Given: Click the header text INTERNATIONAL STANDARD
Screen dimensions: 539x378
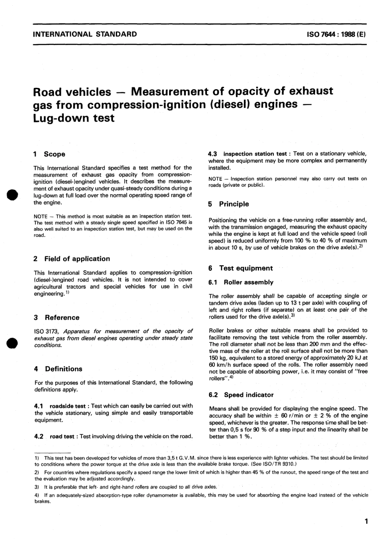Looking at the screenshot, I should click(x=85, y=34).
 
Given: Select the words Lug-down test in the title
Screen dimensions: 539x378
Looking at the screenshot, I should click(x=74, y=118).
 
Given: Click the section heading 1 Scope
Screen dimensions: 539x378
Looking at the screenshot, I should click(x=49, y=154).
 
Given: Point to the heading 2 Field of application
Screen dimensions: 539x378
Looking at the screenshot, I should click(x=72, y=259).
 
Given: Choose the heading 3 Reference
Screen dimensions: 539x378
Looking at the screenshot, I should click(x=57, y=318).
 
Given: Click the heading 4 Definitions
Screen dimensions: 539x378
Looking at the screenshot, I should click(x=58, y=369).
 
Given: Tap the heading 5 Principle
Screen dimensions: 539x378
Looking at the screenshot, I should click(x=228, y=204).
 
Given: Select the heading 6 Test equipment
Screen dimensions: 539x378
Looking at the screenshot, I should click(x=240, y=268).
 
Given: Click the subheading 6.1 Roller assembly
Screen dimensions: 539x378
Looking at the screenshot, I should click(x=241, y=282).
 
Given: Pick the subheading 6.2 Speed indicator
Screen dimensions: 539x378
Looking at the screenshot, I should click(x=241, y=395).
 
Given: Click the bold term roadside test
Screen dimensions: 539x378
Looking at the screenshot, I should click(x=67, y=406).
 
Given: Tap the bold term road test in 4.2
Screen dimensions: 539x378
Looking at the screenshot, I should click(x=62, y=436).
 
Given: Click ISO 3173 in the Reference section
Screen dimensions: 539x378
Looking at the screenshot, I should click(x=47, y=331).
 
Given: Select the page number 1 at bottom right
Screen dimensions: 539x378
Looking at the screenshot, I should click(x=366, y=521).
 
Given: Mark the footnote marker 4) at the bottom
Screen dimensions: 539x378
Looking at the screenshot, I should click(x=37, y=495).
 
